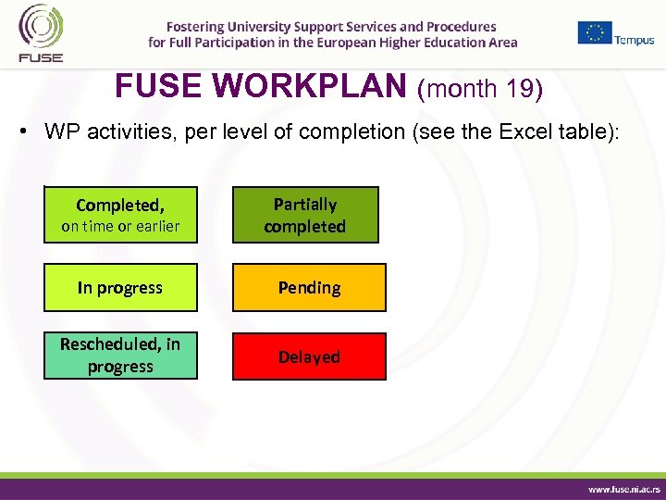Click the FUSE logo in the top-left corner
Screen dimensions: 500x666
click(x=40, y=33)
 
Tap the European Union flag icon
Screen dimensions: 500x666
click(x=595, y=32)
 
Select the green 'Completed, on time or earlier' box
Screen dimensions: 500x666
click(x=120, y=215)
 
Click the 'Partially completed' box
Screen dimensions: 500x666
click(x=304, y=215)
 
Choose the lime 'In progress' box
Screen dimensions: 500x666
click(x=120, y=288)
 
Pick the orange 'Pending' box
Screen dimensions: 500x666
click(x=309, y=288)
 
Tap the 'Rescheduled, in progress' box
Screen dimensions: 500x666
click(x=120, y=356)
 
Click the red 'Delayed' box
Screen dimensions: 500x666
click(x=309, y=356)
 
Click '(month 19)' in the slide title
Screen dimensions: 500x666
click(x=480, y=89)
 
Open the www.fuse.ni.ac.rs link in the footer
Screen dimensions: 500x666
click(x=624, y=487)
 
